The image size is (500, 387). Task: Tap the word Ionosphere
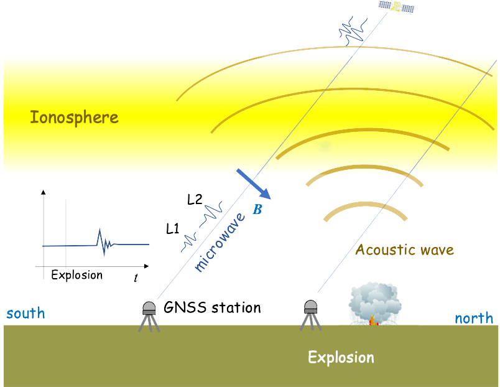point(74,117)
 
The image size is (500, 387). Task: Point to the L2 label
point(194,200)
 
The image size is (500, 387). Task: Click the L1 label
point(173,228)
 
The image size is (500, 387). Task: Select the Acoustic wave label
point(404,250)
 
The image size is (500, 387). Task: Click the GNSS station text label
point(212,307)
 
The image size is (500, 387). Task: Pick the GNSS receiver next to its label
point(149,316)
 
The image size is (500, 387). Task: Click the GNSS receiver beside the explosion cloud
point(310,315)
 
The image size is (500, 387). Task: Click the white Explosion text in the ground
point(341,358)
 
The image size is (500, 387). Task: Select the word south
point(25,312)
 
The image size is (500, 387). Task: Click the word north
point(474,319)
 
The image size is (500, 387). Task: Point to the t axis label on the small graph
point(136,278)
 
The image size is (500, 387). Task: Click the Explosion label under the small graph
point(77,274)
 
